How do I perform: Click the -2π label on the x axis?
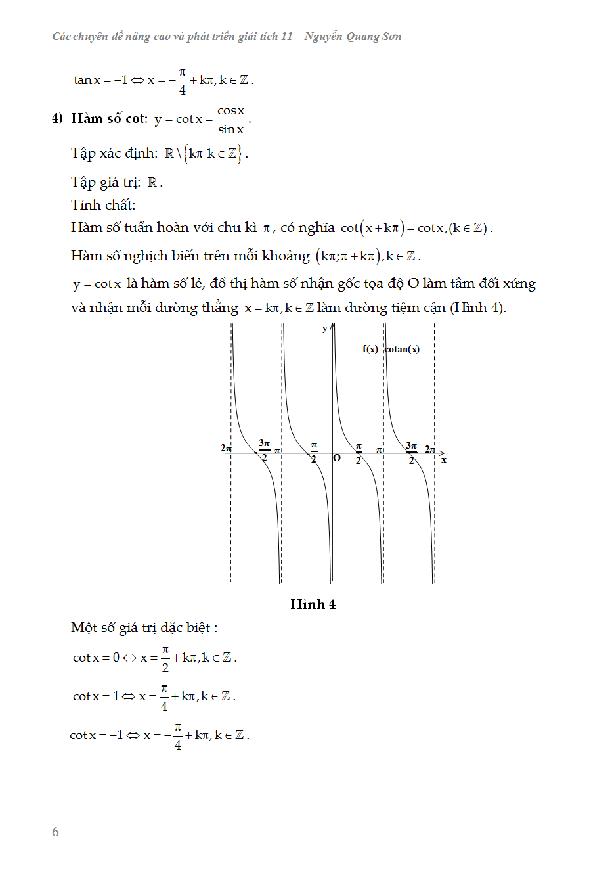point(224,448)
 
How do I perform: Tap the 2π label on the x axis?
point(429,449)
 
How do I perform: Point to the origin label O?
point(337,458)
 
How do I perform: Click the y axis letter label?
point(324,329)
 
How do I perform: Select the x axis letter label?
point(444,460)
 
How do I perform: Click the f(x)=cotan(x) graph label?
point(391,349)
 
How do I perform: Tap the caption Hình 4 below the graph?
point(313,604)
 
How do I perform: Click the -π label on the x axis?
point(276,450)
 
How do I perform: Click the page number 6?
point(56,832)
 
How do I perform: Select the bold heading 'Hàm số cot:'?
point(110,118)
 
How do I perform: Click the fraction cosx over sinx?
point(231,120)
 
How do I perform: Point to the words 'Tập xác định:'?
point(114,153)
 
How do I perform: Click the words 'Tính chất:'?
point(103,205)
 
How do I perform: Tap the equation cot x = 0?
point(97,658)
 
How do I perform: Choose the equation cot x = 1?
point(96,696)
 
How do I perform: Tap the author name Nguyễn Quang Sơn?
point(353,37)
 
